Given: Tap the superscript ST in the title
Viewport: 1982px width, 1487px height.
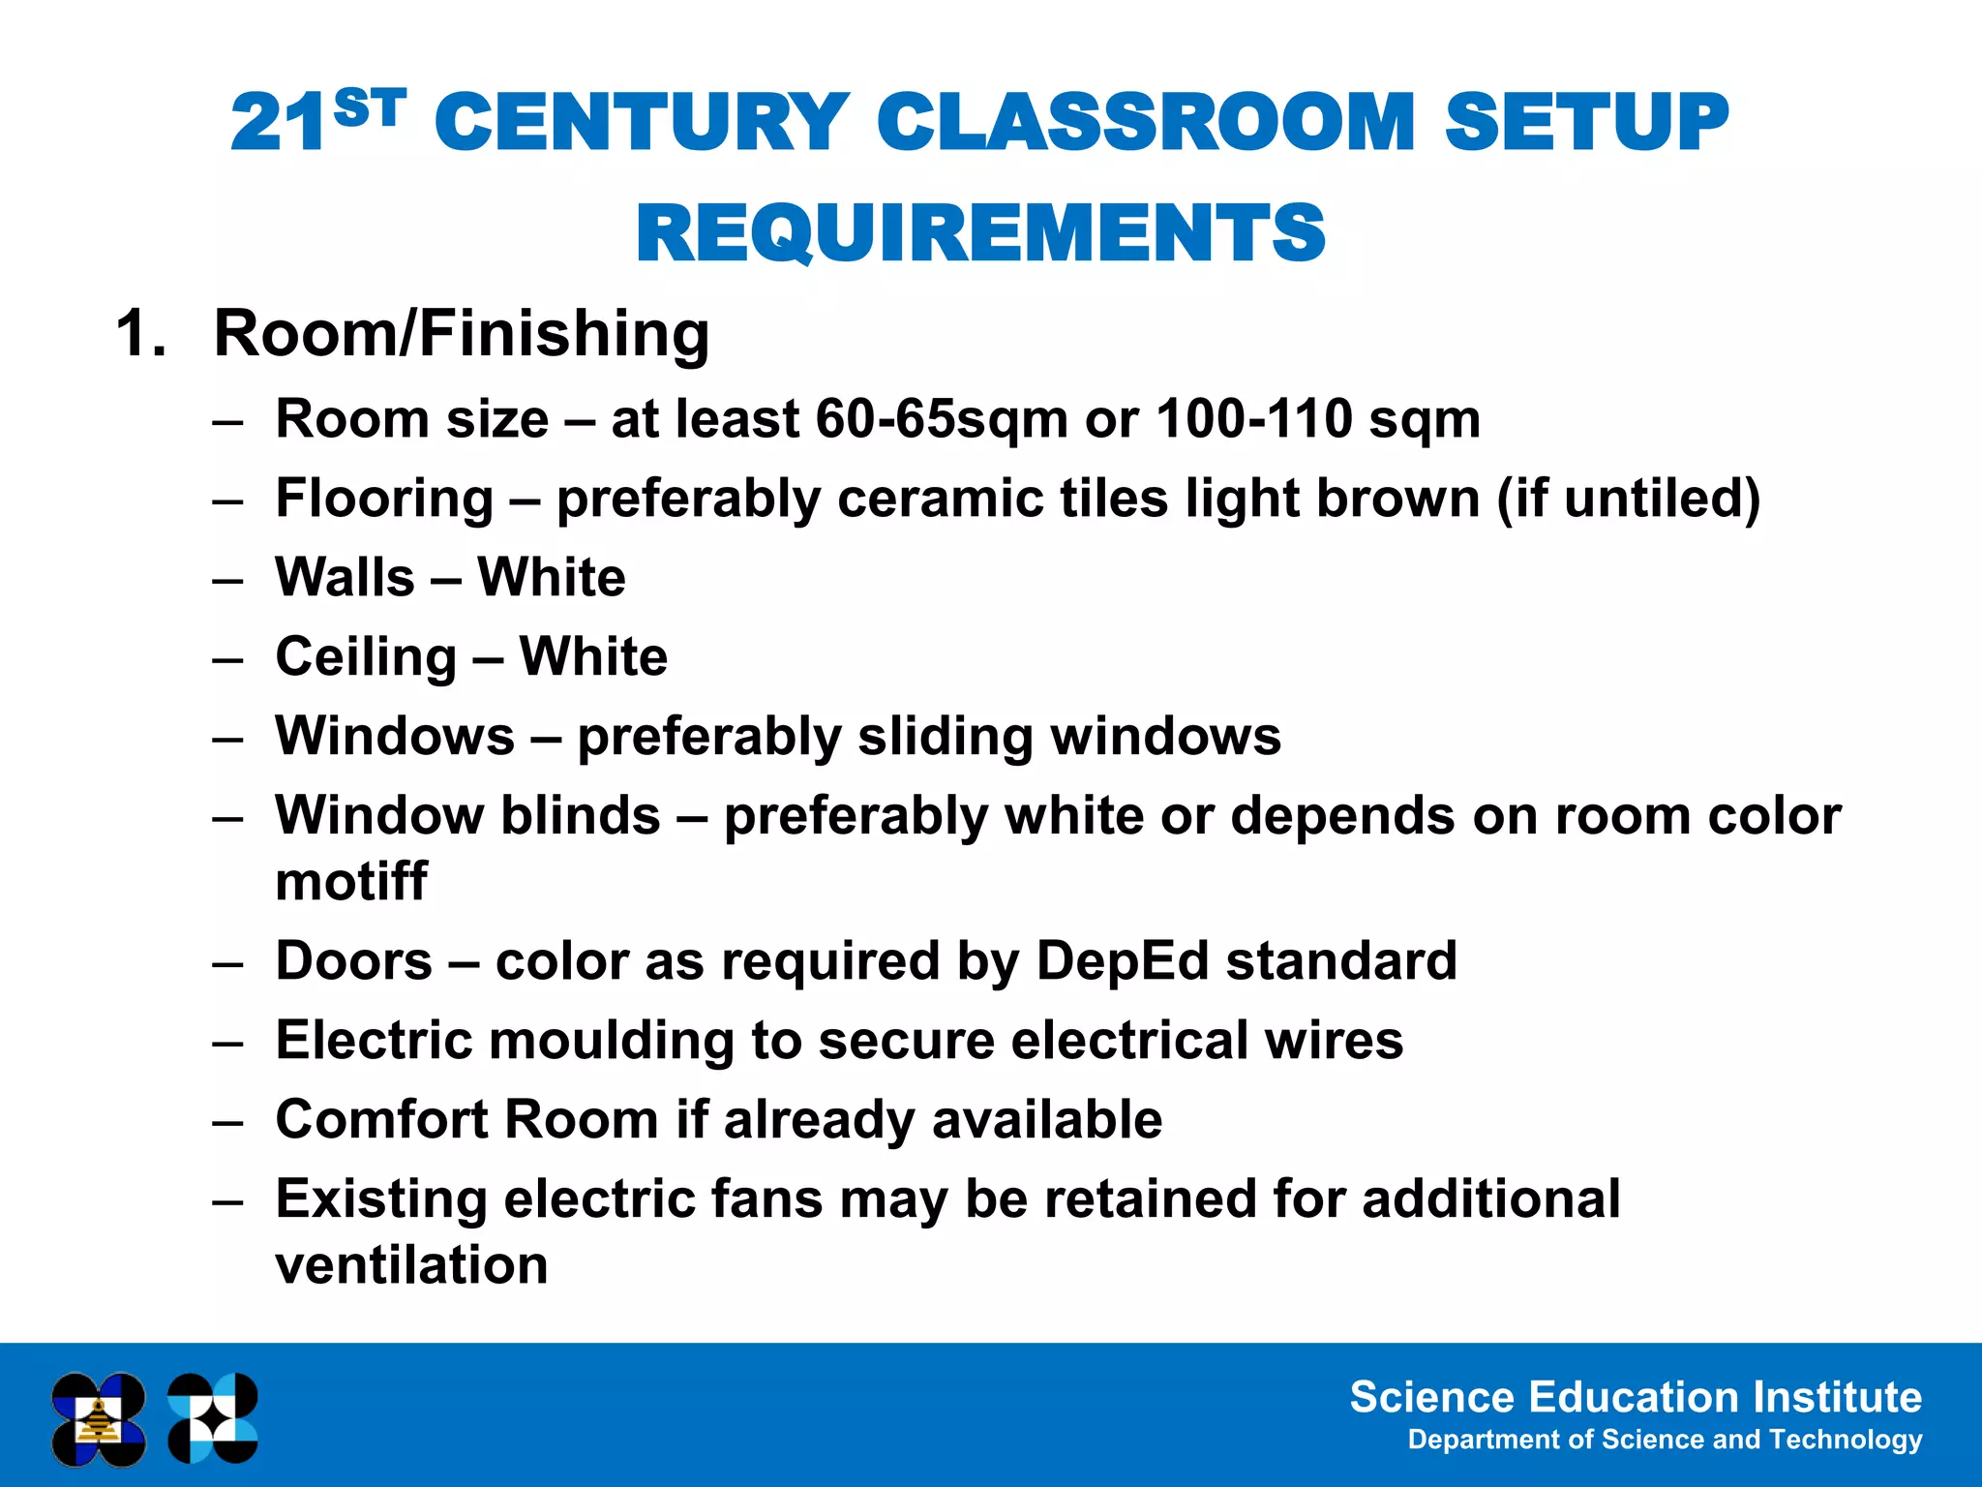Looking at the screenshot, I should click(369, 107).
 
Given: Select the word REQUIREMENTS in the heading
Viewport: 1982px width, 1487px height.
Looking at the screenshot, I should click(980, 234).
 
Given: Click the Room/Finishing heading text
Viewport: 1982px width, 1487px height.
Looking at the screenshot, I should click(462, 334).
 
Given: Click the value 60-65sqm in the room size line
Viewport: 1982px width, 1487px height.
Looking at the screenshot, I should click(942, 419).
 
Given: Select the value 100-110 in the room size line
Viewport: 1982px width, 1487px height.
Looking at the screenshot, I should click(1253, 419).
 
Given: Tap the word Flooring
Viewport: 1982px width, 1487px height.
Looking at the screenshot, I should click(384, 499).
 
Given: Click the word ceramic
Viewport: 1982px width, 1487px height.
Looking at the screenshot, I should click(940, 499).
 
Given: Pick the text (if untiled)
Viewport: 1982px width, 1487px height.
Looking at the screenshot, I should click(1628, 499).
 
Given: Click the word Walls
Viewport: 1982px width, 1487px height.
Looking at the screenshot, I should click(345, 578).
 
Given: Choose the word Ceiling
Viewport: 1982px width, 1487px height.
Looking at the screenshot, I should click(366, 657).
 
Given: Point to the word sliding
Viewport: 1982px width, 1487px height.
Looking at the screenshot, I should click(946, 737).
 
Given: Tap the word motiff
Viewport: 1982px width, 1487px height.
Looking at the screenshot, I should click(350, 882).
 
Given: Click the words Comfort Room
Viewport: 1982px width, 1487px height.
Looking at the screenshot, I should click(466, 1120).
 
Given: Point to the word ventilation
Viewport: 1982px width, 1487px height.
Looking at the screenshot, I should click(411, 1265).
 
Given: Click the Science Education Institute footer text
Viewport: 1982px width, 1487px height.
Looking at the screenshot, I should click(1635, 1397).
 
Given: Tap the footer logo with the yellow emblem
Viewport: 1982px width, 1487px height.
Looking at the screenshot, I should click(99, 1419).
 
